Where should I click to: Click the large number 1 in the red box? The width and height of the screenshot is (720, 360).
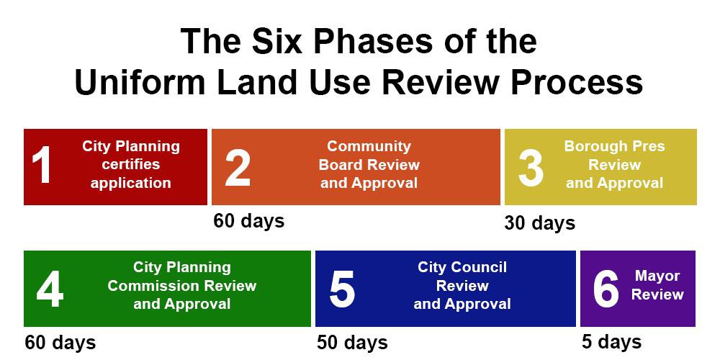[41, 166]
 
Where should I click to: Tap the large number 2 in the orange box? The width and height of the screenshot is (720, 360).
[238, 167]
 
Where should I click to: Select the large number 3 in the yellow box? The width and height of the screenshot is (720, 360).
[531, 168]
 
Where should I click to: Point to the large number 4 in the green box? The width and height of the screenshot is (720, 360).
[50, 290]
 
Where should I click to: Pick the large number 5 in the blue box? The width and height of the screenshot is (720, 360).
[342, 290]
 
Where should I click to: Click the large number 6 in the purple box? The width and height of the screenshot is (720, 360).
[606, 290]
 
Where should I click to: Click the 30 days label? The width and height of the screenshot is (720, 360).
[539, 222]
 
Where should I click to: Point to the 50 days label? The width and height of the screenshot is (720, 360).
[352, 343]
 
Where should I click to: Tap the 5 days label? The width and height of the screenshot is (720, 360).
[611, 341]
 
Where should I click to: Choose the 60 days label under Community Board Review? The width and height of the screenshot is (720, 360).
[249, 220]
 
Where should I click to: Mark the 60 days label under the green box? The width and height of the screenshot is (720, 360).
[60, 343]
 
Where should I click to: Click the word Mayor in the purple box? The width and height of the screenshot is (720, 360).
[657, 276]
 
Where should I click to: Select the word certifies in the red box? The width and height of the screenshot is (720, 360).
[131, 164]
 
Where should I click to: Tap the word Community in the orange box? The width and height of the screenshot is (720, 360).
[369, 146]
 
